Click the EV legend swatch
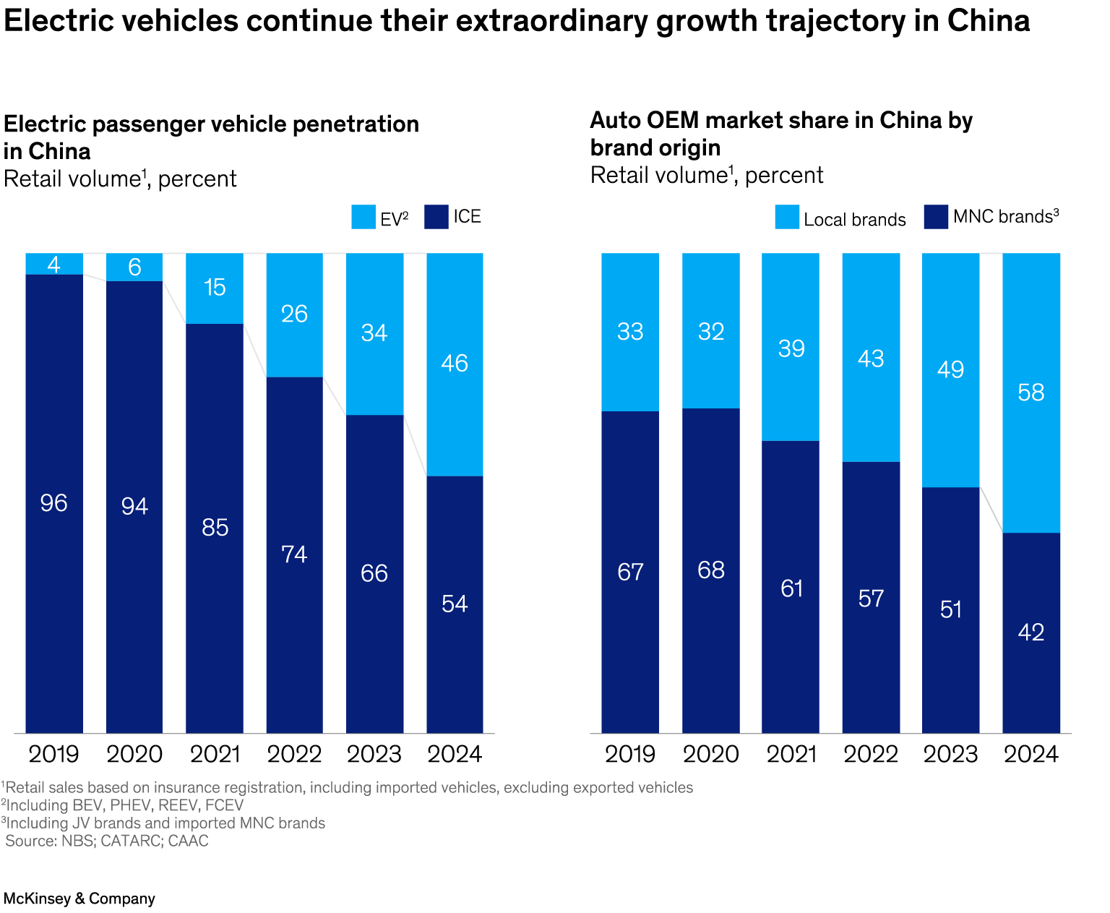click(x=363, y=217)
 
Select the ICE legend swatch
click(x=436, y=217)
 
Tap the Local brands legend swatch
click(x=787, y=218)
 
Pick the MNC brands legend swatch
click(x=936, y=217)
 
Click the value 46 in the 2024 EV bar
click(x=455, y=363)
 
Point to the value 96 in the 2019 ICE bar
click(x=54, y=503)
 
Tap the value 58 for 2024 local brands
click(x=1031, y=393)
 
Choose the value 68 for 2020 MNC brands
click(x=711, y=570)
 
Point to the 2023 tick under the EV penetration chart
click(x=374, y=755)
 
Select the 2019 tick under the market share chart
click(x=630, y=755)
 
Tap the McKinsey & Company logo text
click(x=79, y=899)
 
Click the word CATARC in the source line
click(x=131, y=841)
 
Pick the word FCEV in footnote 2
click(x=225, y=805)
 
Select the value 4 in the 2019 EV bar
click(x=54, y=265)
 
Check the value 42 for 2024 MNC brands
click(x=1031, y=633)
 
